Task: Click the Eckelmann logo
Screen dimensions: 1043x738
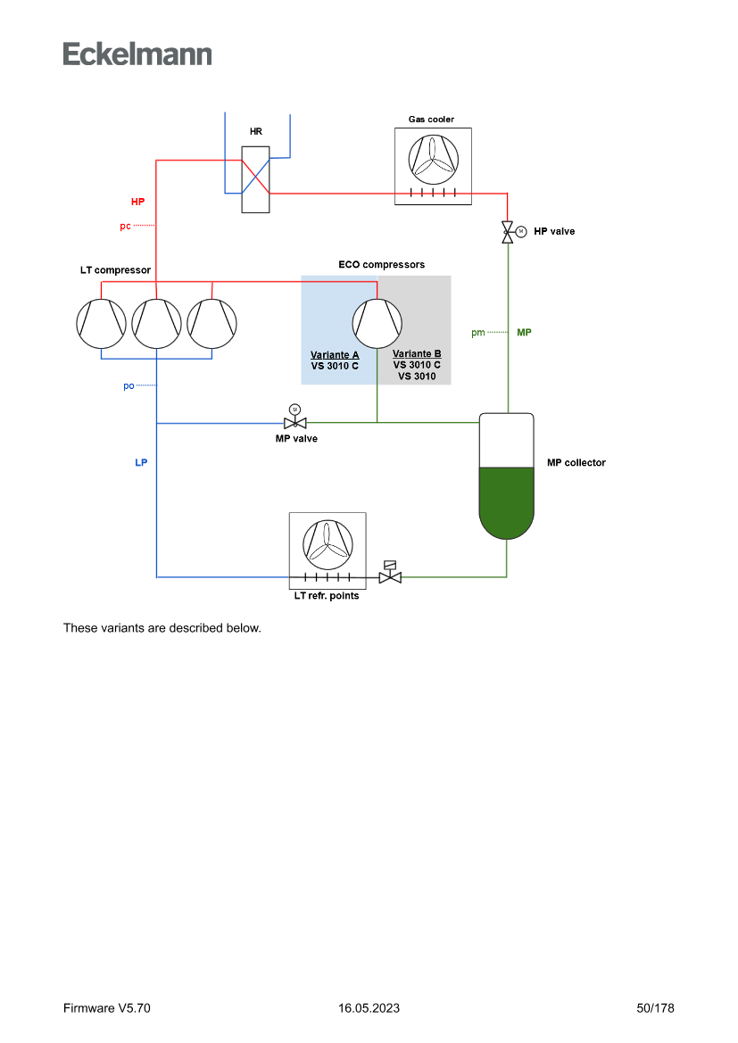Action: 137,54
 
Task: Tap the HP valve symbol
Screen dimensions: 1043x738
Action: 508,231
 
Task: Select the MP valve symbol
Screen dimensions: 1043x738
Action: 295,422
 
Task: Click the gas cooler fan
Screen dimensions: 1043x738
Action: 433,160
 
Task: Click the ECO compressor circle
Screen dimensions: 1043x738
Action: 377,323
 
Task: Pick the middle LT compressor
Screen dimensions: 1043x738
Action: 157,323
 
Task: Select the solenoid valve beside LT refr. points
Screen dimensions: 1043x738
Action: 390,576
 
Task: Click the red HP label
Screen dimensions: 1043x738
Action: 137,202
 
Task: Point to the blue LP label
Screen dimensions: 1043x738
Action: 141,463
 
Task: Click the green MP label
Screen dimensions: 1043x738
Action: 524,332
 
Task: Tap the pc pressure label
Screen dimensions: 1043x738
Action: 125,226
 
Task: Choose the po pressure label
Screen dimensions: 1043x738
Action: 129,386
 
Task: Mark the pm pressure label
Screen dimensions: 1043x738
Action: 477,333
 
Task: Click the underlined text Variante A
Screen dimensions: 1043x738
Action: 335,355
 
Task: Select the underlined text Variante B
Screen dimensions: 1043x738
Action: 417,354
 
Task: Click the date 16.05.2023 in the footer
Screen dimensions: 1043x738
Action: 369,1008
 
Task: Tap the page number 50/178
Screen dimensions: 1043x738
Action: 655,1008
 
